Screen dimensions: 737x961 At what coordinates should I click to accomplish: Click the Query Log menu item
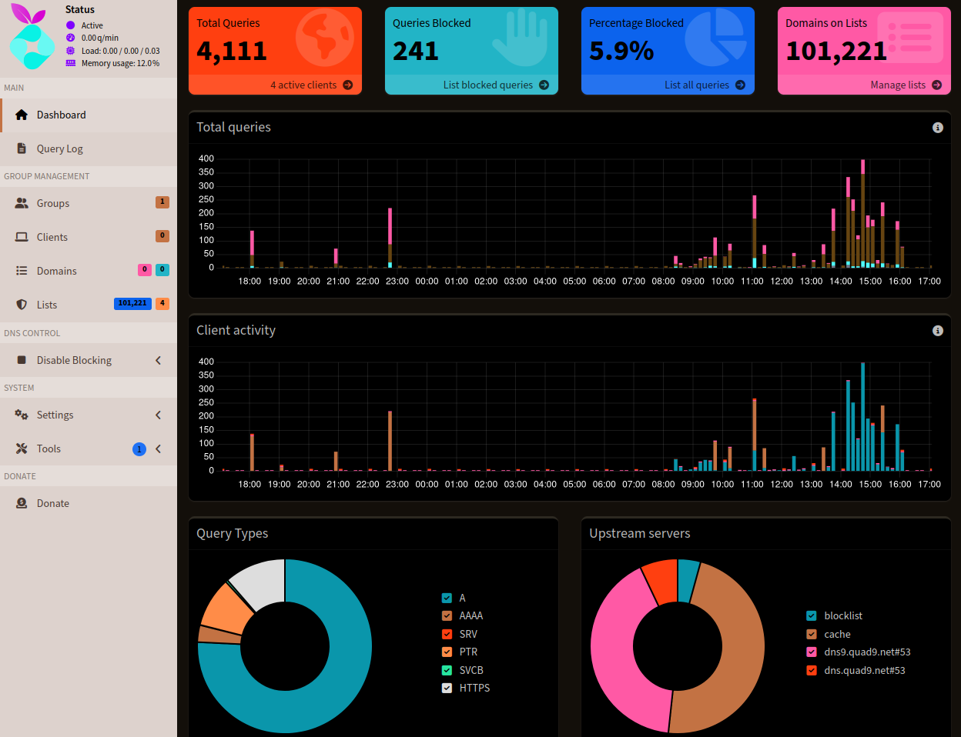59,149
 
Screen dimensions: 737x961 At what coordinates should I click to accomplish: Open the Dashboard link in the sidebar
61,115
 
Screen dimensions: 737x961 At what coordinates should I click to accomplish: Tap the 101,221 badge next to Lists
132,304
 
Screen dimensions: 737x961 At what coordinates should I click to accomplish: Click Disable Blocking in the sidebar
74,361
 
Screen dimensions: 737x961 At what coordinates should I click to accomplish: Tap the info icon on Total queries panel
937,128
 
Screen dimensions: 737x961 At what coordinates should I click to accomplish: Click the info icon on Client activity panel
937,331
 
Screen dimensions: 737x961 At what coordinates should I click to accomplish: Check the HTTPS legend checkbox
447,689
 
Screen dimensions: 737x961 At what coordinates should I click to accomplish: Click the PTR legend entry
468,652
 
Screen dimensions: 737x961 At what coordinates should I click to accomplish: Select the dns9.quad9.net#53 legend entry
867,652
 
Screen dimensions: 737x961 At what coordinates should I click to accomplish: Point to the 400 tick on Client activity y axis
206,362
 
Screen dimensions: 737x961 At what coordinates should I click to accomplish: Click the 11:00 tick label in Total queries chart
752,282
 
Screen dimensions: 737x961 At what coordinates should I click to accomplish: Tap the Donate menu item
52,504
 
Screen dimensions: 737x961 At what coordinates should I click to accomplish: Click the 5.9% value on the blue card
621,52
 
